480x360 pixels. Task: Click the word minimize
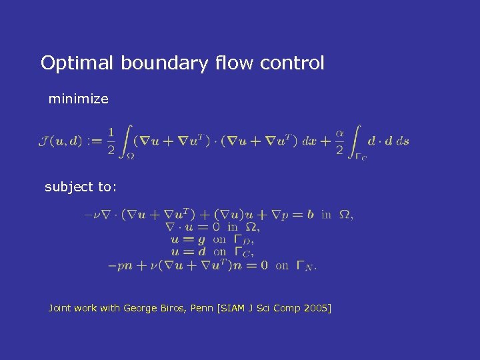click(78, 99)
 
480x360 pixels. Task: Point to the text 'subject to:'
click(81, 187)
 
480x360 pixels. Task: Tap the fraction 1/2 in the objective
click(111, 141)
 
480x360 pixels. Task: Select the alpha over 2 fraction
click(339, 141)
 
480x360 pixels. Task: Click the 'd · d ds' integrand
click(388, 141)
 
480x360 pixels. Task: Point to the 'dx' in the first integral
click(309, 141)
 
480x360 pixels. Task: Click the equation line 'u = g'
click(189, 239)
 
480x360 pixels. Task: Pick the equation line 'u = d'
click(189, 252)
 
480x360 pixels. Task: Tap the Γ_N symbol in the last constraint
click(306, 266)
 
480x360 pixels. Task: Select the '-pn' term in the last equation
click(120, 265)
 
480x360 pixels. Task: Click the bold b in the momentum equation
click(311, 214)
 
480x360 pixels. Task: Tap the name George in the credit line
click(139, 308)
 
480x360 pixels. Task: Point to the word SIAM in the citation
click(230, 308)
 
